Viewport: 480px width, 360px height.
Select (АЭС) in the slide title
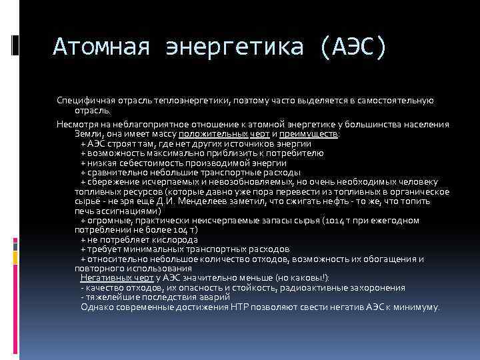coord(351,47)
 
